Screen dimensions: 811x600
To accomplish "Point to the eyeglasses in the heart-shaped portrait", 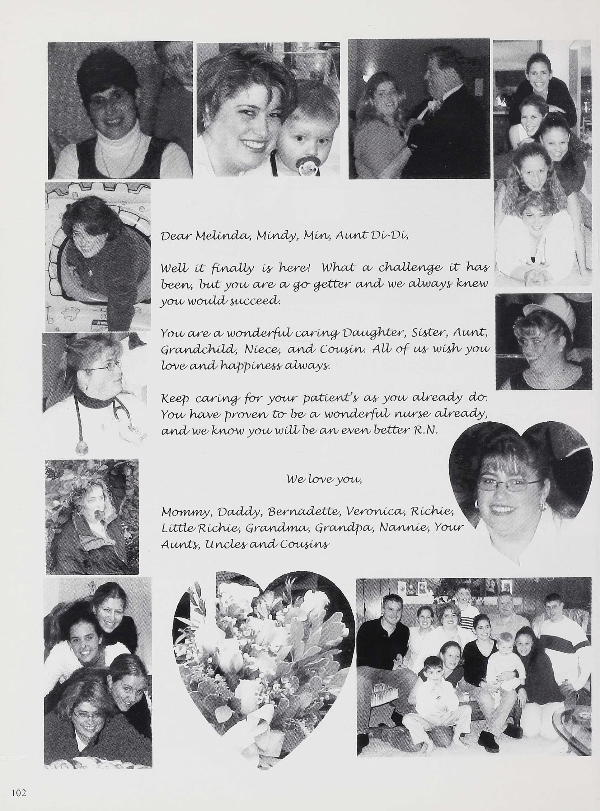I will pyautogui.click(x=508, y=484).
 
